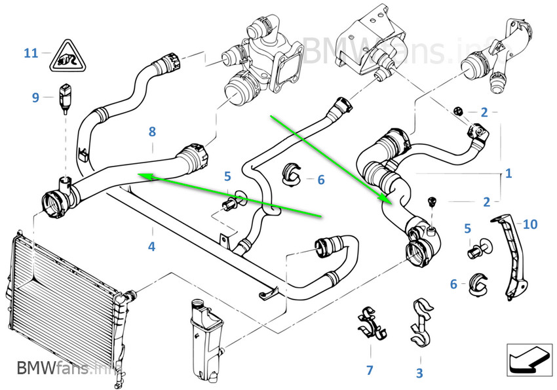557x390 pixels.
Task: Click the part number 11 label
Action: point(31,53)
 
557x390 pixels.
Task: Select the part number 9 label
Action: point(35,98)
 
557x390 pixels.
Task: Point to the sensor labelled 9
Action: point(65,96)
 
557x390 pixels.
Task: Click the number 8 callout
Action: point(152,132)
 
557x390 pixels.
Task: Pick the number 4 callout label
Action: point(151,247)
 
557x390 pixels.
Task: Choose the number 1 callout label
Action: point(508,174)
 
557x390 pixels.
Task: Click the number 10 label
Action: point(530,225)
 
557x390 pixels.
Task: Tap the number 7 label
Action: point(370,371)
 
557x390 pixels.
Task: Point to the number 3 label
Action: point(419,373)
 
